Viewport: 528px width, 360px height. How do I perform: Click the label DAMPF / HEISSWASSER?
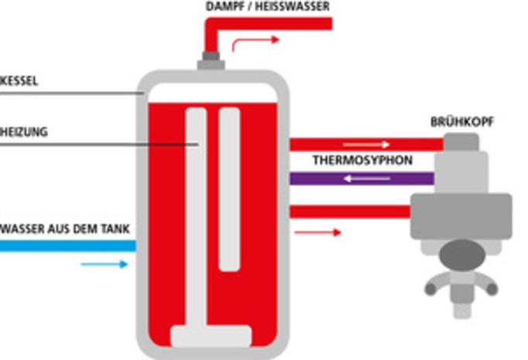coord(268,6)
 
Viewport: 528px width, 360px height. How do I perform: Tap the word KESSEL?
coord(19,81)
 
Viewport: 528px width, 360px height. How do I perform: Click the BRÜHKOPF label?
coord(462,123)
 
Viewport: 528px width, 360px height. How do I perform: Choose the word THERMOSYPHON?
coord(362,162)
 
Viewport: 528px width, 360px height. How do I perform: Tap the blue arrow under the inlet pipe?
coord(104,265)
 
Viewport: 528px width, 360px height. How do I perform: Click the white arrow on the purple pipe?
coord(368,178)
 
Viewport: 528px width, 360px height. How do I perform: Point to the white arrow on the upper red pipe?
coord(367,144)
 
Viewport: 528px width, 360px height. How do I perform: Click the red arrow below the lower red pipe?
coord(317,232)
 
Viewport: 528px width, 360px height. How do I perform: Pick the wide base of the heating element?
coord(211,336)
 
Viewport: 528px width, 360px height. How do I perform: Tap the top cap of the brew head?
coord(461,142)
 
